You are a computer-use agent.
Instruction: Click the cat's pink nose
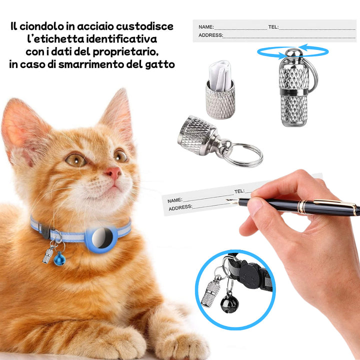[x=113, y=172]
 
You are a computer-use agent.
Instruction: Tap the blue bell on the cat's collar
[x=59, y=259]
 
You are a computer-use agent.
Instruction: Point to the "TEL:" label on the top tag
[x=273, y=27]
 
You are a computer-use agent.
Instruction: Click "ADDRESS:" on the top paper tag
[x=211, y=35]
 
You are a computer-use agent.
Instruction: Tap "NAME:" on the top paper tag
[x=206, y=27]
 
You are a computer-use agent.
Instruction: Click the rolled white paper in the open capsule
[x=219, y=75]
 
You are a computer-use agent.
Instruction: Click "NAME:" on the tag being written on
[x=175, y=200]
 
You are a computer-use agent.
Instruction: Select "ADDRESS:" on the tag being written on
[x=180, y=207]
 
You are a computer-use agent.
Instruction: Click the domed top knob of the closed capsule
[x=293, y=53]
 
